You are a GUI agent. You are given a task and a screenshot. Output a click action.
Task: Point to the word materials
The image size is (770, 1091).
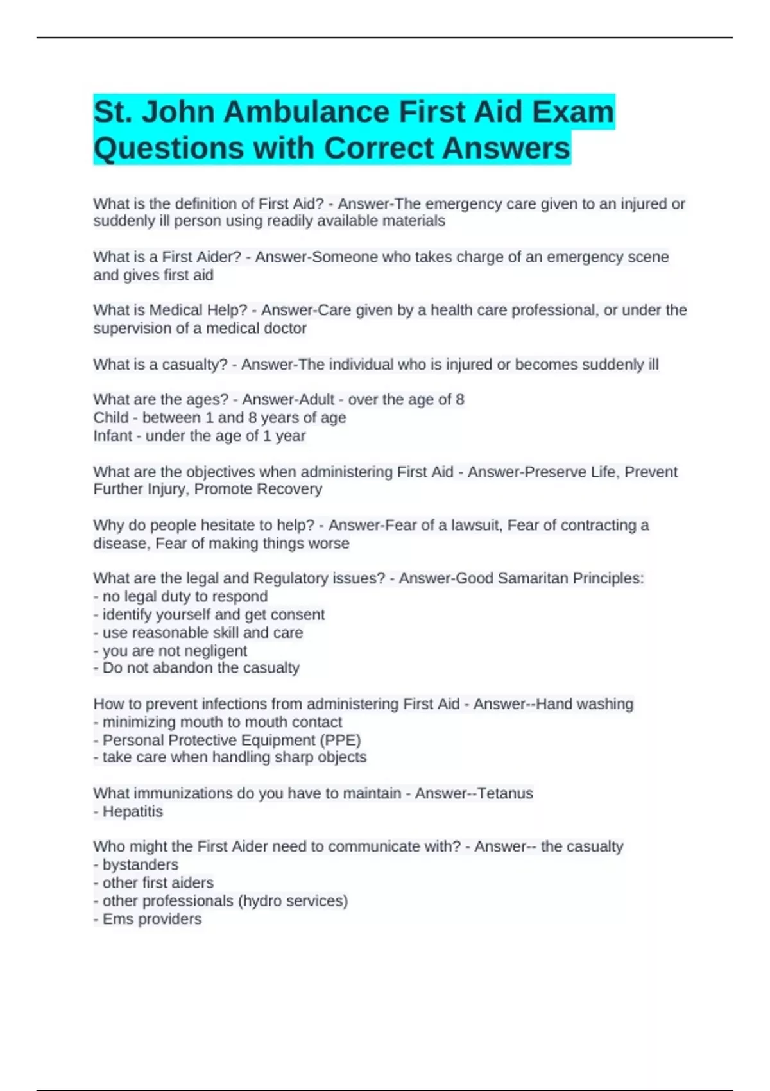point(413,221)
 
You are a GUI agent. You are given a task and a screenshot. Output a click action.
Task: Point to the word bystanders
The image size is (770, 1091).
point(141,864)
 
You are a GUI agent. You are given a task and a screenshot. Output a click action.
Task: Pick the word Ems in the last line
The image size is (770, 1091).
point(116,919)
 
